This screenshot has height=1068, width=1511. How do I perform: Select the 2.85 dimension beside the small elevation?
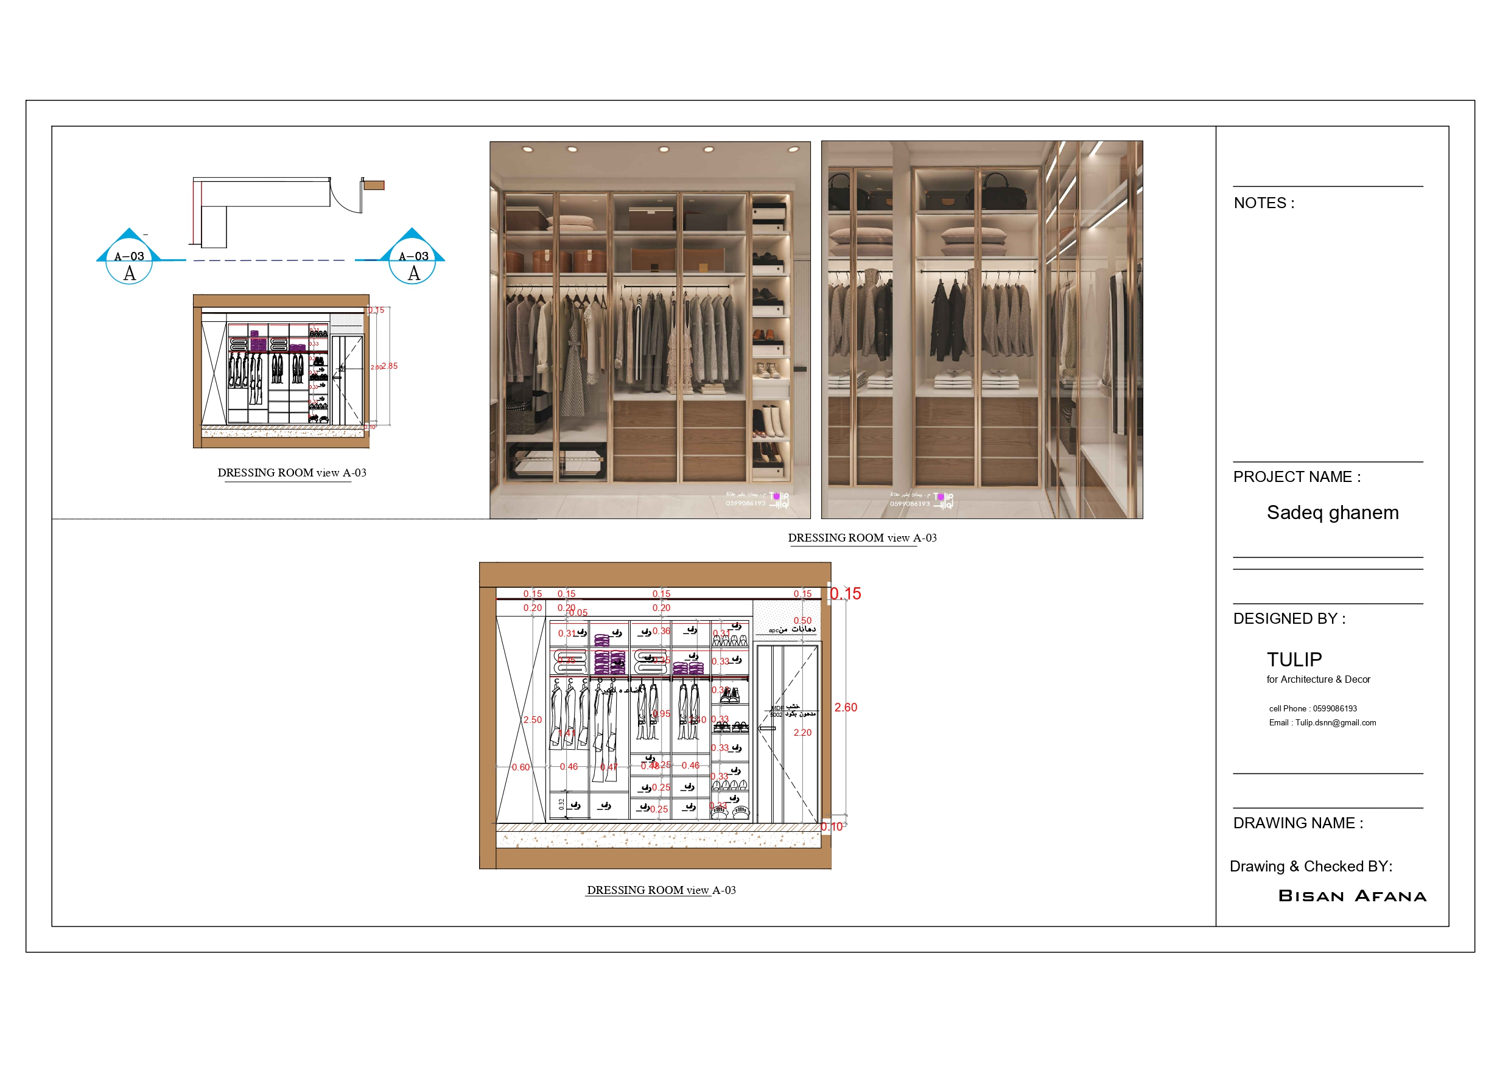coord(390,366)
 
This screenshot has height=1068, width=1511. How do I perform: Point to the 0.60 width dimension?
coord(521,767)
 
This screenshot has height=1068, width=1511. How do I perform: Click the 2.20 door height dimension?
coord(802,733)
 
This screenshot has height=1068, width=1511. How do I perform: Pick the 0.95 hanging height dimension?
coord(661,714)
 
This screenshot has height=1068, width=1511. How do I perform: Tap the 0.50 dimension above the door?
coord(802,621)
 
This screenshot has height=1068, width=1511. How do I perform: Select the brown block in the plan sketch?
coord(374,186)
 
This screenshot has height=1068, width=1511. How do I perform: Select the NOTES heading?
coord(1264,203)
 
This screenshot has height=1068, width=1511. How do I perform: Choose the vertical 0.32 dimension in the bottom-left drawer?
coord(561,804)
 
